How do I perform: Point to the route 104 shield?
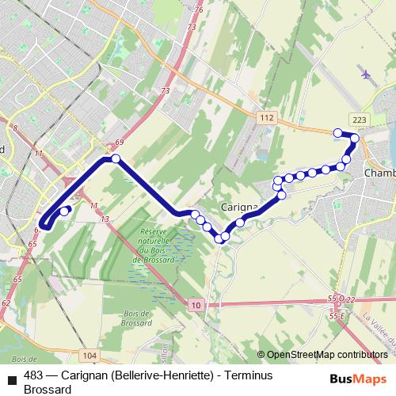[x=89, y=356]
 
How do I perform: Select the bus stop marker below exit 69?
[x=116, y=159]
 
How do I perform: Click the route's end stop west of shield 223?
[x=338, y=132]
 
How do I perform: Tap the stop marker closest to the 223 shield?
[x=355, y=139]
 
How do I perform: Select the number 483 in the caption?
[x=34, y=375]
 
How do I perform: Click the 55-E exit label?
[x=338, y=316]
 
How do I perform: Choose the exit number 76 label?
[x=199, y=10]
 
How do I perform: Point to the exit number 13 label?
[x=105, y=217]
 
